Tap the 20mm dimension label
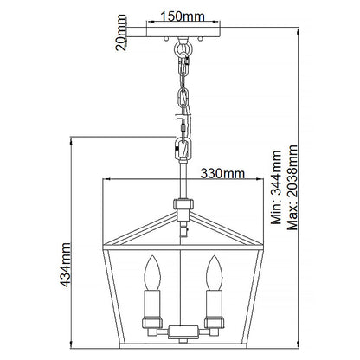[122, 38]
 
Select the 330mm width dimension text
[221, 173]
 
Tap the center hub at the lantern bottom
[182, 331]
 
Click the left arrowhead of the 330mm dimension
[105, 180]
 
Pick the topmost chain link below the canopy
[183, 55]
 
